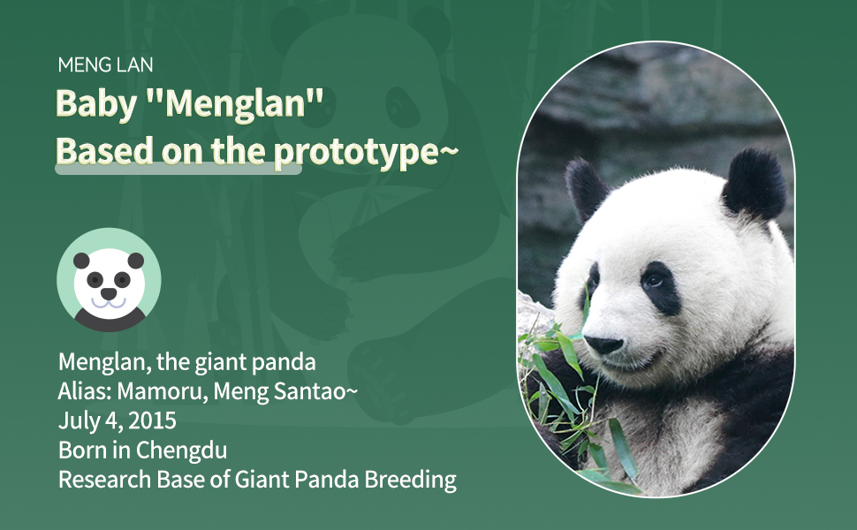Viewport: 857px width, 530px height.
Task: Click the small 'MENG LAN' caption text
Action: click(x=105, y=65)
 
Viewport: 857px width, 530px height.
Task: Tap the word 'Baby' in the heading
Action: click(x=96, y=104)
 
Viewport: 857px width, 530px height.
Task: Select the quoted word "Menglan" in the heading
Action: click(x=236, y=104)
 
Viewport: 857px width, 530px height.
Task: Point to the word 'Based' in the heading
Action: click(x=104, y=151)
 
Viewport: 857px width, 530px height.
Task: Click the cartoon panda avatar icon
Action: click(x=109, y=280)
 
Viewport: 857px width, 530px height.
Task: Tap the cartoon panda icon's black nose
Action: click(x=109, y=293)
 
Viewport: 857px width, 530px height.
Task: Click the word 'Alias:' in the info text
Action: click(x=86, y=391)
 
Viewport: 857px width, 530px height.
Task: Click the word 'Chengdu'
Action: click(x=181, y=450)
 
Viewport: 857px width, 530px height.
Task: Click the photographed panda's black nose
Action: click(x=603, y=344)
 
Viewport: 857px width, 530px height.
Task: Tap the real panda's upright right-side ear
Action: click(x=756, y=183)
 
